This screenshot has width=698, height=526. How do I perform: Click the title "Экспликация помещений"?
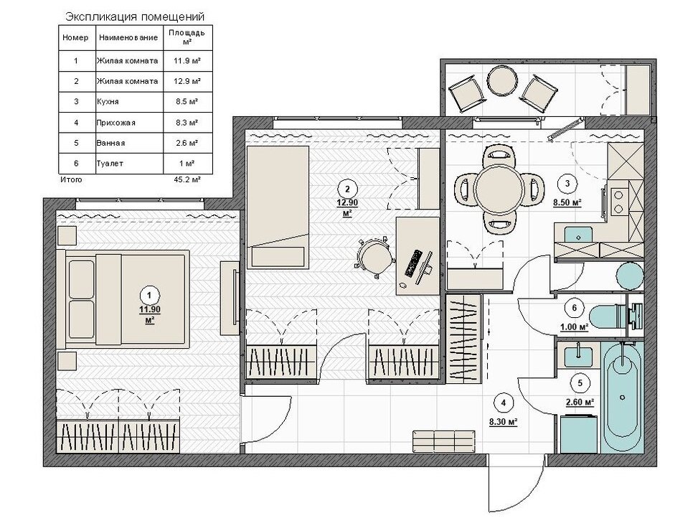(x=135, y=17)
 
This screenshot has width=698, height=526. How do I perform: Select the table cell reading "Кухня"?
(x=108, y=102)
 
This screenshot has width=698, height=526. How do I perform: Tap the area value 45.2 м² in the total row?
(x=187, y=180)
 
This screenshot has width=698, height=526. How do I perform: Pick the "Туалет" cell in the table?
(x=110, y=164)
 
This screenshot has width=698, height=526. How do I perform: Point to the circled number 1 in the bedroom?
(x=149, y=295)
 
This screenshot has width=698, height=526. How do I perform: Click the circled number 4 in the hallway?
(x=503, y=403)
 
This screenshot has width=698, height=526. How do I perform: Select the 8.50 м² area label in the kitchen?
(x=567, y=202)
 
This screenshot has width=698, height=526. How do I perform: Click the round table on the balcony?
(x=503, y=80)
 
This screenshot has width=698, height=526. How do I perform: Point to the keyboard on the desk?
(x=413, y=263)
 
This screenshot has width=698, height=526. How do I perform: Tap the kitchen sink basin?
(x=577, y=234)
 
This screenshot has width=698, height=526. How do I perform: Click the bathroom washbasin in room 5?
(x=578, y=355)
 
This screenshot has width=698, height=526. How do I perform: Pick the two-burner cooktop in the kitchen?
(x=618, y=202)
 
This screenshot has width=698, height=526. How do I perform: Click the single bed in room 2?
(x=278, y=207)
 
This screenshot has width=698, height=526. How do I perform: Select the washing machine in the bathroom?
(x=579, y=433)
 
